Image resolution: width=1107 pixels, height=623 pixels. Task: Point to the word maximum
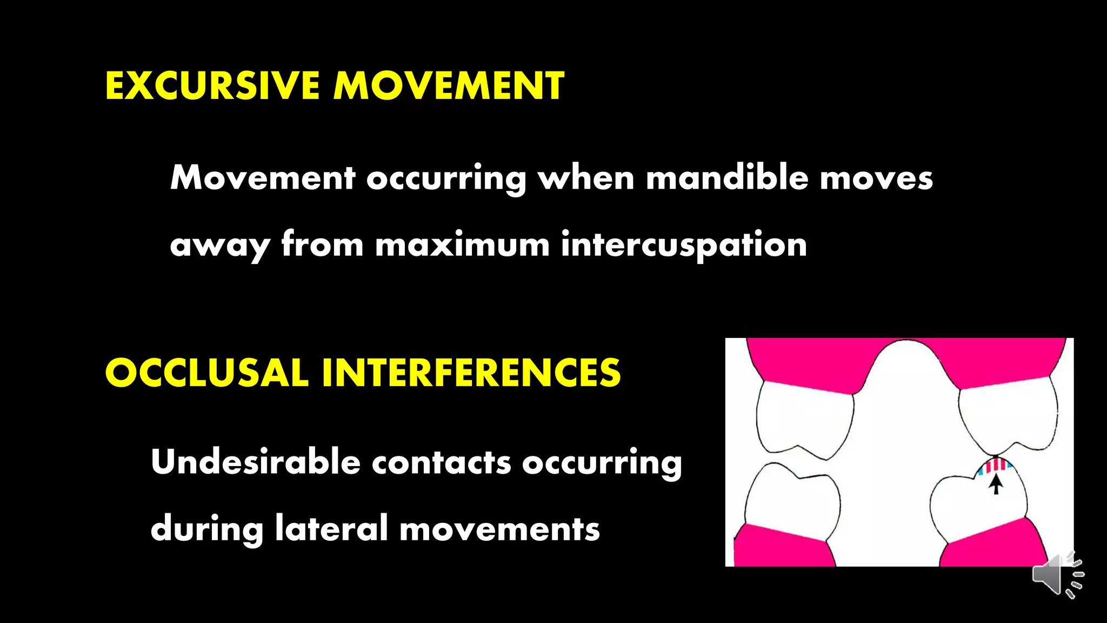point(462,244)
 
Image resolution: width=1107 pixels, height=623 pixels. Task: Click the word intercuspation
point(684,244)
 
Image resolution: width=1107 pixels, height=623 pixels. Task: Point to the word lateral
point(331,528)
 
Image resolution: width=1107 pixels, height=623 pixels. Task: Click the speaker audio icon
point(1057,575)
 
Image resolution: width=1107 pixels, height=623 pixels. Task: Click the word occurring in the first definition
point(446,178)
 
